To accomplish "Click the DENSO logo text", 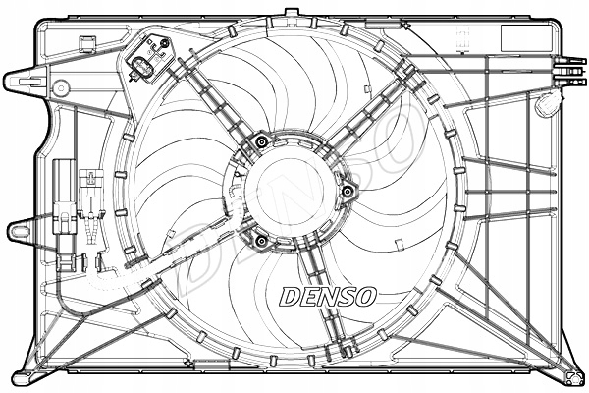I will pyautogui.click(x=328, y=295).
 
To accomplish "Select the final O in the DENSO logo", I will pyautogui.click(x=365, y=295).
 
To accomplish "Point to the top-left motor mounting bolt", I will pyautogui.click(x=260, y=143).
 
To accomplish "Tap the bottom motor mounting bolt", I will pyautogui.click(x=261, y=241).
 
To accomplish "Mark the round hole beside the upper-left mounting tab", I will pyautogui.click(x=62, y=85).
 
